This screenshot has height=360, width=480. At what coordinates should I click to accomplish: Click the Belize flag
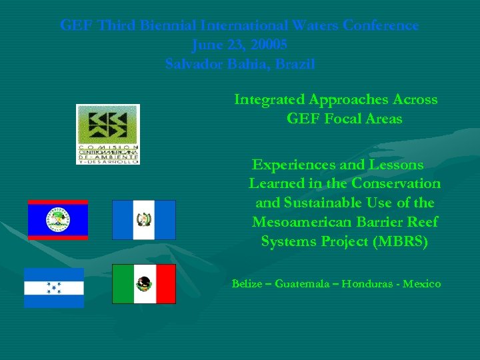[x=58, y=219]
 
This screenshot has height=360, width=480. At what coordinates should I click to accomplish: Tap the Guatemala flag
[x=143, y=219]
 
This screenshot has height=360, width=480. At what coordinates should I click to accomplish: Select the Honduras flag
[x=54, y=287]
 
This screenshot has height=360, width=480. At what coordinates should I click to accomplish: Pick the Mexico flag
[x=143, y=284]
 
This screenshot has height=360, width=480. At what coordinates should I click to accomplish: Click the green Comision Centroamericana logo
[x=108, y=133]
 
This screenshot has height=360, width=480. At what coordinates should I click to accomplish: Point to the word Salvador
[x=195, y=65]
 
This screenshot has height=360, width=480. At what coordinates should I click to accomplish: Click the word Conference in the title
[x=381, y=25]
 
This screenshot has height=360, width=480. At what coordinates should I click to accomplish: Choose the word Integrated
[x=269, y=99]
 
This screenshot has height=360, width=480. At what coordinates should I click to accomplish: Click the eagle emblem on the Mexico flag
[x=143, y=284]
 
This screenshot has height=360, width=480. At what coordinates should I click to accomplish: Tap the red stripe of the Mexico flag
[x=165, y=284]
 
